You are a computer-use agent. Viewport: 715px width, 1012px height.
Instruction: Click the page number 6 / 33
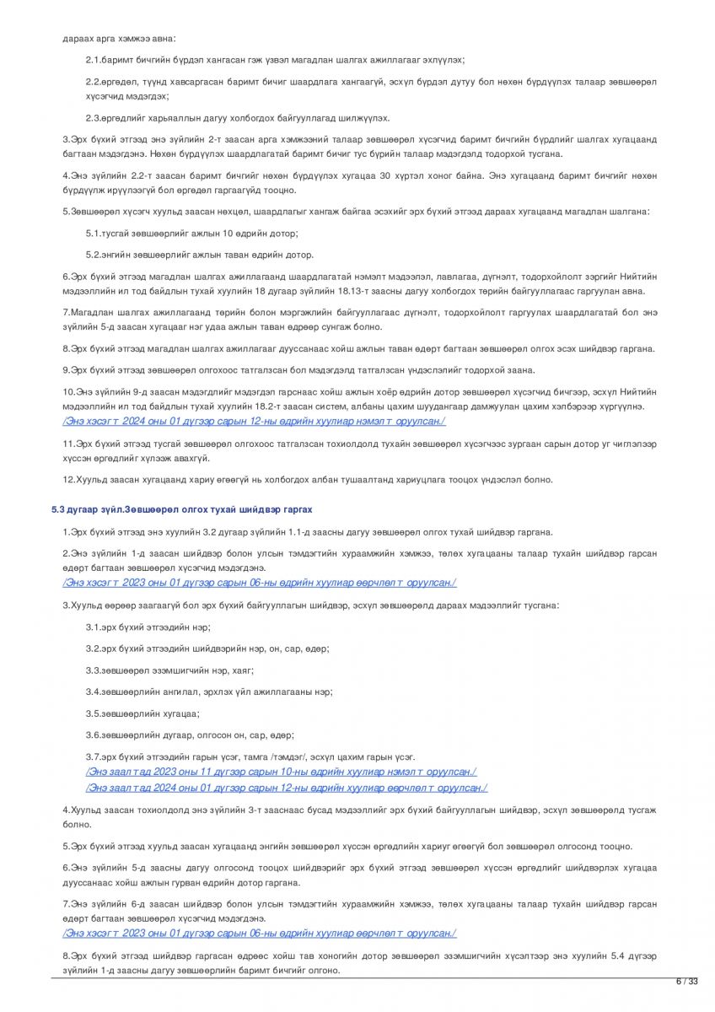pyautogui.click(x=687, y=981)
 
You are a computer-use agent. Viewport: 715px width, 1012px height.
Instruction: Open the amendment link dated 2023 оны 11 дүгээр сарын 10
pyautogui.click(x=281, y=772)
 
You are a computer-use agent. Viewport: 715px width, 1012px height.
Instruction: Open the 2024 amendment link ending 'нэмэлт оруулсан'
pyautogui.click(x=254, y=421)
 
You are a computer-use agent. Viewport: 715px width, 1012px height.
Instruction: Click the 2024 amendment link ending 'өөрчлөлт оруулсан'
pyautogui.click(x=286, y=788)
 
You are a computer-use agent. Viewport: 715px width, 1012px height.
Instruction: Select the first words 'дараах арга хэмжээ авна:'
pyautogui.click(x=119, y=39)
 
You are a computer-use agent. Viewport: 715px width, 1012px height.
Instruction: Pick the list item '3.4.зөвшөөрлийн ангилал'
pyautogui.click(x=209, y=692)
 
